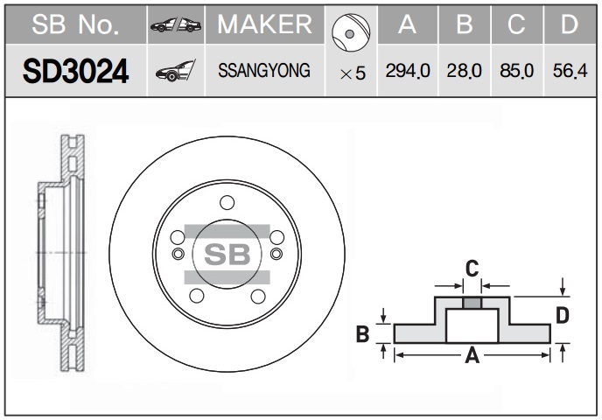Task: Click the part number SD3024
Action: [x=75, y=72]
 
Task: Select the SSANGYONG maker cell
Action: [x=264, y=71]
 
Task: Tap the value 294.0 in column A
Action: [x=408, y=71]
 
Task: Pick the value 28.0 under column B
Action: [x=464, y=71]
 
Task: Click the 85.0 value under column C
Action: [x=517, y=71]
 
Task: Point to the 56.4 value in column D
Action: [x=570, y=71]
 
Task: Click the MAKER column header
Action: [x=264, y=24]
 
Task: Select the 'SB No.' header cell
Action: [x=75, y=24]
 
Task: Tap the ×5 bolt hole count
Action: [x=353, y=73]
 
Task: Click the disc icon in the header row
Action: [x=351, y=32]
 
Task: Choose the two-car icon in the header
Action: [x=176, y=25]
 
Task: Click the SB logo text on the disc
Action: [x=227, y=254]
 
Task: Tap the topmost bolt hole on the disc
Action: [x=227, y=202]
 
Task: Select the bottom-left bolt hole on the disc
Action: [x=197, y=296]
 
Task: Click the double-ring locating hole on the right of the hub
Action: [x=276, y=254]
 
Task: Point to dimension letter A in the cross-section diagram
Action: [x=472, y=355]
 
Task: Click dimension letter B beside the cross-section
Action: [x=362, y=333]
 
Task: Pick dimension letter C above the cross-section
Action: [x=472, y=269]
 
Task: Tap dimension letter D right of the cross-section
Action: [x=562, y=316]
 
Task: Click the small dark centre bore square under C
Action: [x=472, y=304]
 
